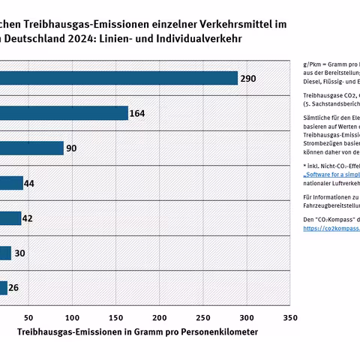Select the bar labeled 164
tap(64, 113)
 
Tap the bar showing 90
tap(31, 148)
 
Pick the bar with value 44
tap(11, 183)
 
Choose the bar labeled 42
tap(10, 218)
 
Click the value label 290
tap(248, 78)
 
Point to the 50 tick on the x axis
tap(29, 317)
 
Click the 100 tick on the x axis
tap(73, 317)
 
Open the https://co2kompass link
tap(331, 229)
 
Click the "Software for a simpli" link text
tap(331, 173)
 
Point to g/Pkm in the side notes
tap(313, 66)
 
